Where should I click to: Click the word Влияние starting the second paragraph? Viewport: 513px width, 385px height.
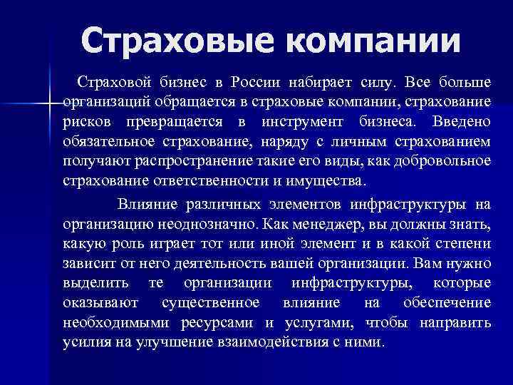click(147, 205)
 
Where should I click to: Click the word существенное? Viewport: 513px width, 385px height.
click(210, 303)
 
